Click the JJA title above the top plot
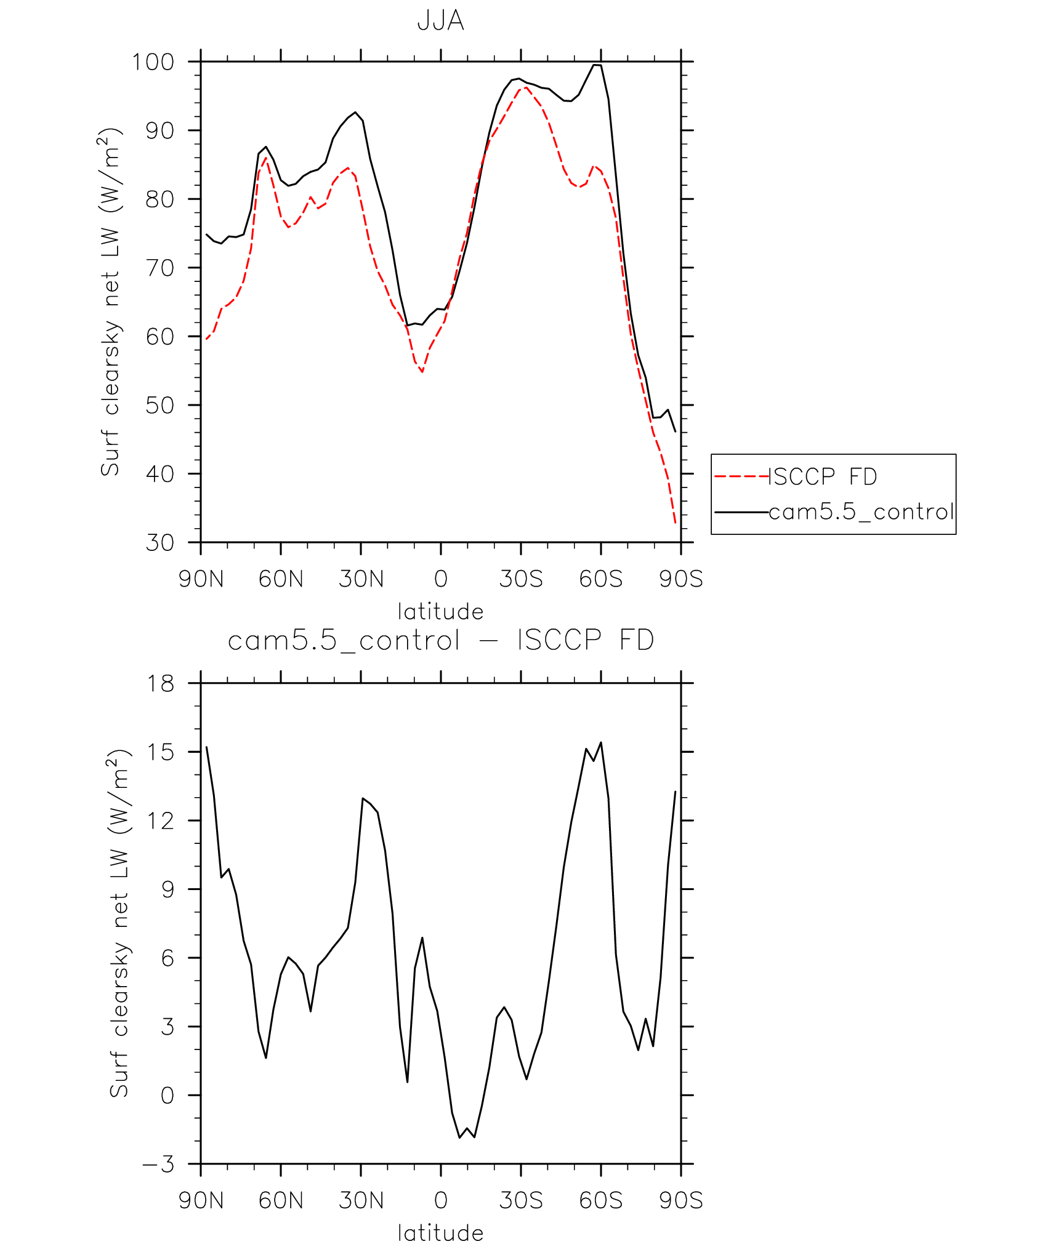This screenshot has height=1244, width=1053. point(440,20)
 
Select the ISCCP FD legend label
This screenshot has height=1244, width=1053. point(823,476)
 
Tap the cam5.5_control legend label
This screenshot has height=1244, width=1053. point(861,512)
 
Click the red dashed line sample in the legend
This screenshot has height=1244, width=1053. point(741,476)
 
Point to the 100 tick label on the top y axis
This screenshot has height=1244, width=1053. point(153,62)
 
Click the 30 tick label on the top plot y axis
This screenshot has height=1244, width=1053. point(159,542)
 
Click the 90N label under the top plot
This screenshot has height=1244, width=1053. point(201,579)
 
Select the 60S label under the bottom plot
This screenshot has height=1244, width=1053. point(600,1201)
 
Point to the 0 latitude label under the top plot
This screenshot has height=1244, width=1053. point(440,579)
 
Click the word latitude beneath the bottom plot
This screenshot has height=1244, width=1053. point(440,1233)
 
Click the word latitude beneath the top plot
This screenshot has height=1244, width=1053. point(440,611)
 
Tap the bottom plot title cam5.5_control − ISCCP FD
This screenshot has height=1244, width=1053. point(440,640)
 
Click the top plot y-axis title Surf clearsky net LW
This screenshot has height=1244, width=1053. point(111,302)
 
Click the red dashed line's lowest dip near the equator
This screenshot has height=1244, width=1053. point(422,372)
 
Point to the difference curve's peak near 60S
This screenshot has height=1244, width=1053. point(600,743)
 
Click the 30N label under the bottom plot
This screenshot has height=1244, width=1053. point(361,1201)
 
